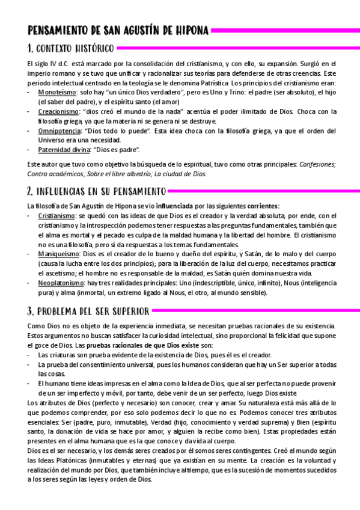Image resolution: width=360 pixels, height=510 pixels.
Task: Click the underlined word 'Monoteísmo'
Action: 57,93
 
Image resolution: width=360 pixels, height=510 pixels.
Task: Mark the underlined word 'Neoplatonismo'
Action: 61,283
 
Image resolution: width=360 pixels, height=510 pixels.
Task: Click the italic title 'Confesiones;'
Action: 319,164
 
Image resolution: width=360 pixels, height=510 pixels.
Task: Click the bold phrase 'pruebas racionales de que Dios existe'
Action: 141,345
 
